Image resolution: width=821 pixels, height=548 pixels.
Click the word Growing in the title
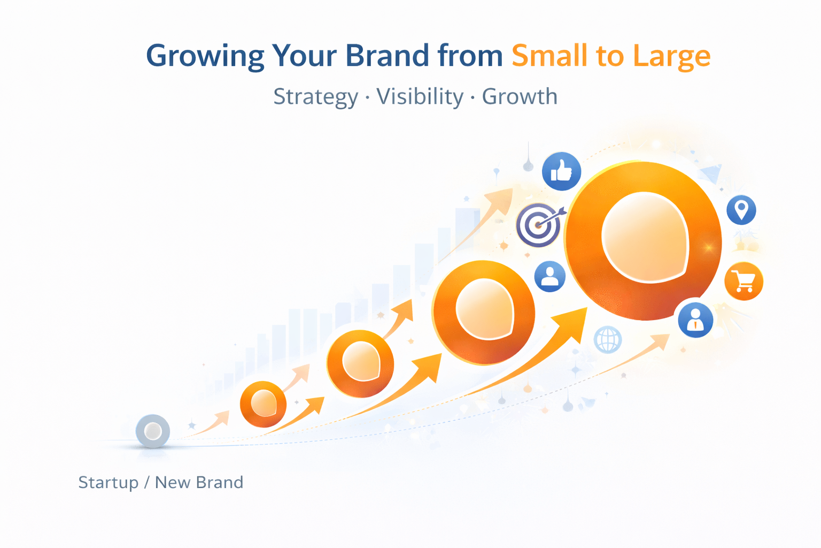[205, 56]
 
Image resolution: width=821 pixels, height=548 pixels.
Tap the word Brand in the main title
[386, 55]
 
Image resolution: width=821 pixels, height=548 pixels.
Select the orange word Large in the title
[671, 56]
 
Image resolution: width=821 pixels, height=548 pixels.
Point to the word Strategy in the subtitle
[315, 97]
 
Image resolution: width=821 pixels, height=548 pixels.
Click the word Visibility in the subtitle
[420, 97]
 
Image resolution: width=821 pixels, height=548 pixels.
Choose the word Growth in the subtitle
[520, 96]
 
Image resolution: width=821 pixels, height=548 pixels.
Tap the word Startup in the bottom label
[109, 482]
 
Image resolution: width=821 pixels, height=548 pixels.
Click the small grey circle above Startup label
[153, 431]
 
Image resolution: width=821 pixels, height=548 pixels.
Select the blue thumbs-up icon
[561, 171]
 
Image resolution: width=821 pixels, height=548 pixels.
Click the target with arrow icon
[538, 225]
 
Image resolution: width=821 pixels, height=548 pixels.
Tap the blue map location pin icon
[741, 210]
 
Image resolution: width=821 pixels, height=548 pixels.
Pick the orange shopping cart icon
[743, 281]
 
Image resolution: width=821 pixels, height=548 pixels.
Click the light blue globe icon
[608, 339]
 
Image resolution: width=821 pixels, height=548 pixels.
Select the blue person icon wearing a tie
[695, 319]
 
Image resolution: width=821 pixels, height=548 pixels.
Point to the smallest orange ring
[263, 404]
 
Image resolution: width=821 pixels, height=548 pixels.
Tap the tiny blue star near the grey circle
[192, 425]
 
